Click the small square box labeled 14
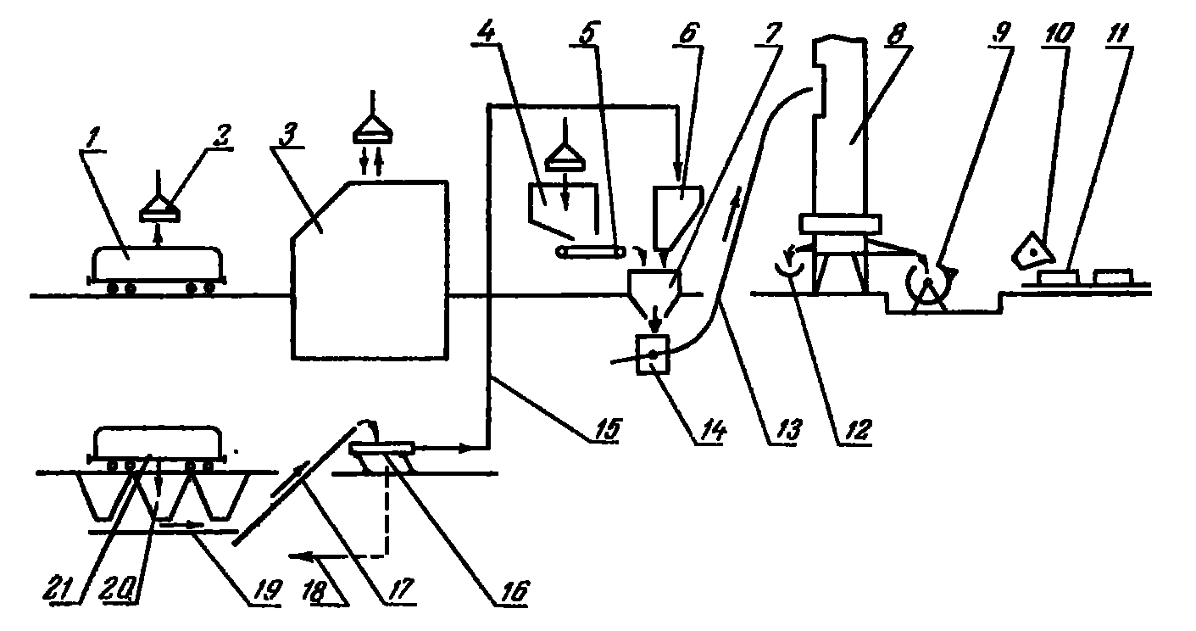tap(652, 355)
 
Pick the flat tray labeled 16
tap(382, 446)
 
